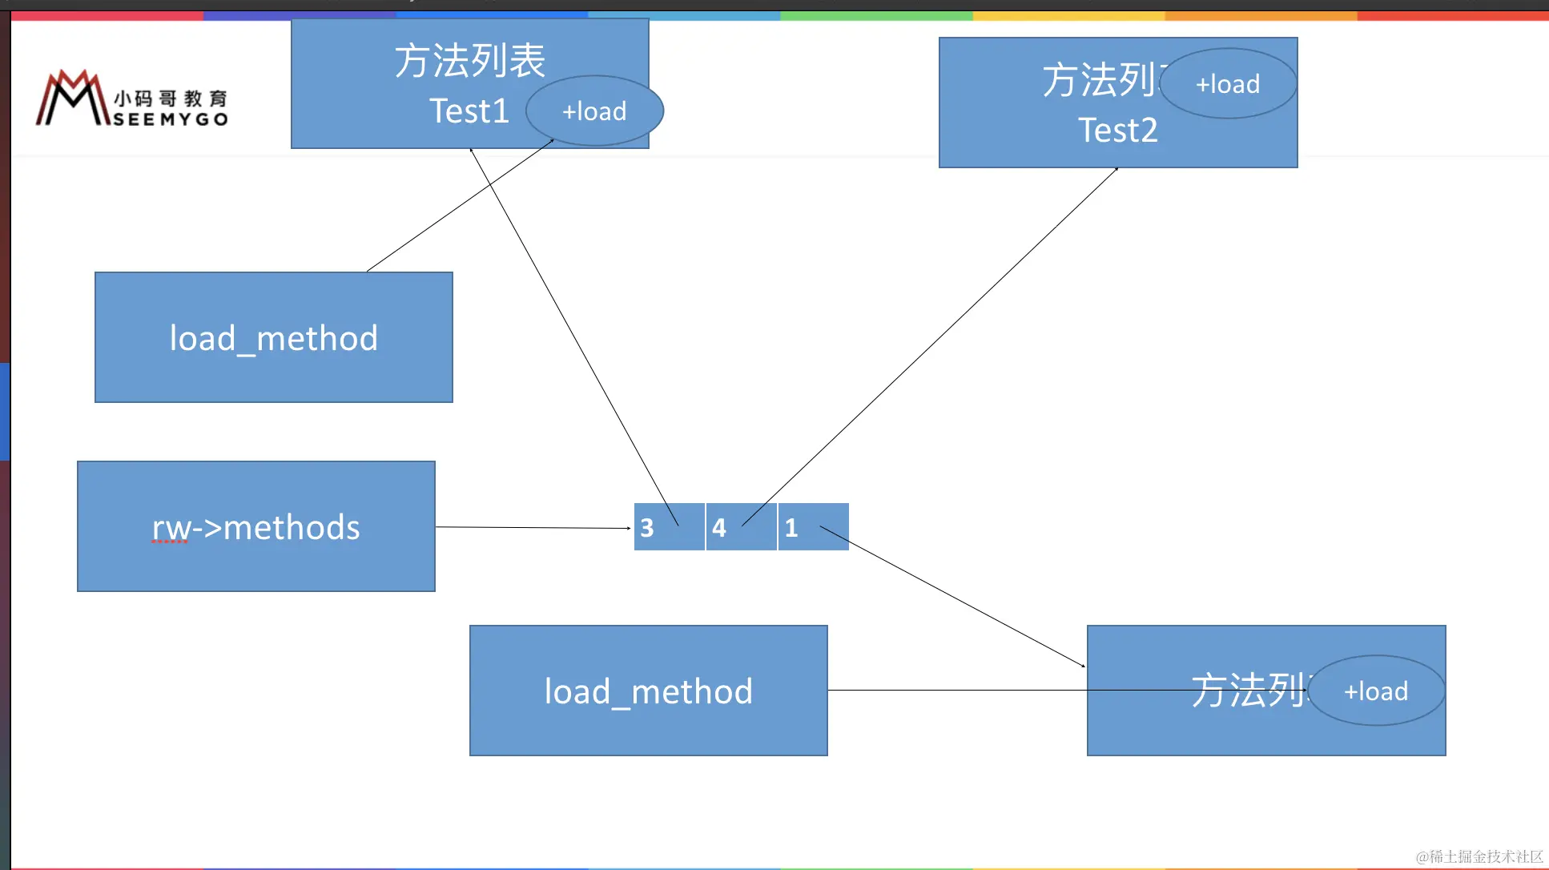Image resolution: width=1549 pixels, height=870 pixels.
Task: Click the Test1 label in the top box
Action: pos(469,111)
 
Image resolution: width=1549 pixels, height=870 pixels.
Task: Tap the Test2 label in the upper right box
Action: pos(1118,131)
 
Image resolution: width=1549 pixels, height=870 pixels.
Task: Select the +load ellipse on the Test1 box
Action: pos(594,111)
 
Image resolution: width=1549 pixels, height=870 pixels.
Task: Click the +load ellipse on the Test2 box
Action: pos(1228,84)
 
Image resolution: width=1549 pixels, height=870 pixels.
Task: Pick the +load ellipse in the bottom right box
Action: pos(1376,691)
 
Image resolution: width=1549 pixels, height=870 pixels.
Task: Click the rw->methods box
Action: pos(256,526)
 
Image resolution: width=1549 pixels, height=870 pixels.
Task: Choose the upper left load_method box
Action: pos(274,337)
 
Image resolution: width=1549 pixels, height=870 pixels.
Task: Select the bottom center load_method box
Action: pos(648,691)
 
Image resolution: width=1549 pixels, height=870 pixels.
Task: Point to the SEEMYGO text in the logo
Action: pos(171,119)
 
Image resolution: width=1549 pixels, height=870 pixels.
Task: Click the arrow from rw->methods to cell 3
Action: pos(533,528)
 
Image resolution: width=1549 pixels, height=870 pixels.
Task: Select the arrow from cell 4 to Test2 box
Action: pos(929,348)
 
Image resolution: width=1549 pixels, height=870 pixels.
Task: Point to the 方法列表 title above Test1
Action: pos(469,61)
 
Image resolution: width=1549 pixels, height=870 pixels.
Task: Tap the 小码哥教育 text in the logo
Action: pos(171,99)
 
